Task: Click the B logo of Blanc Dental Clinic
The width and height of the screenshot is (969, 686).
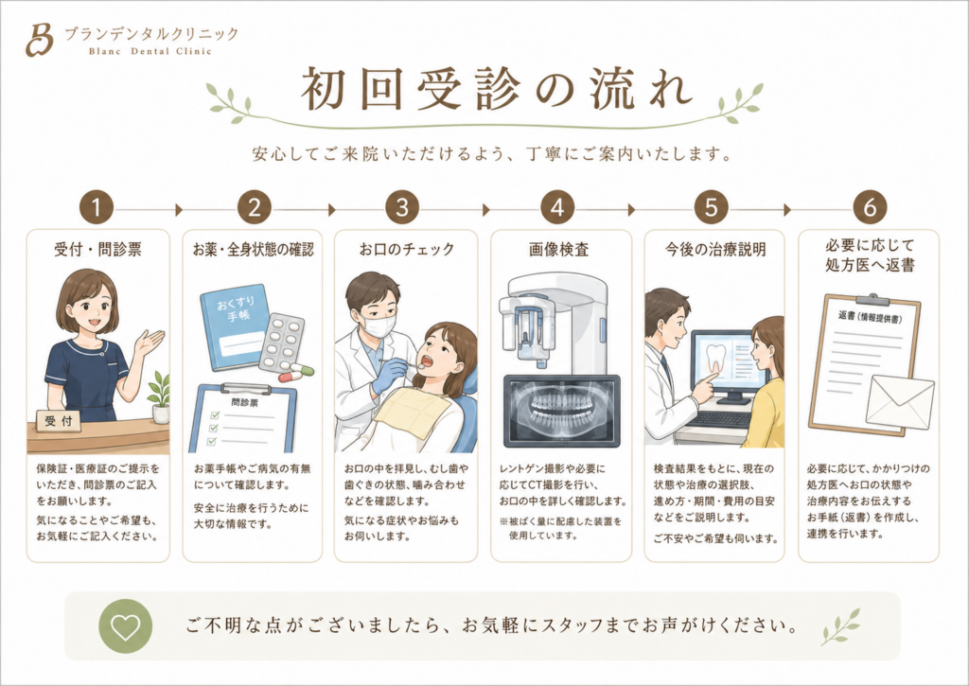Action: click(39, 40)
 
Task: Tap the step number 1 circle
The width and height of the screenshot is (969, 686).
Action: click(97, 207)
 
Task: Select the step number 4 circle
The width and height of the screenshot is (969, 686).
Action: click(557, 207)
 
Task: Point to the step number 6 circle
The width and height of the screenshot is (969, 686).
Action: click(870, 207)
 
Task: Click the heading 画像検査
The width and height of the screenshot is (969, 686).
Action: click(558, 250)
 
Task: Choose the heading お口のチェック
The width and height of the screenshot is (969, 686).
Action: click(407, 249)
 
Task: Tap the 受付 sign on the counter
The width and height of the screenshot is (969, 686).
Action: click(58, 421)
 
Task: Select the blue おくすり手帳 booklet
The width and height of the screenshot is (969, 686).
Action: click(236, 327)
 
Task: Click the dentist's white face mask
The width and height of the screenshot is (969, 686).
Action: click(379, 325)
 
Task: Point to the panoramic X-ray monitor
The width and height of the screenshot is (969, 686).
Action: click(561, 411)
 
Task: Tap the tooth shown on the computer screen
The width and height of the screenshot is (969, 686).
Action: click(717, 359)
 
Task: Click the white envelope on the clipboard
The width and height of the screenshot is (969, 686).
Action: click(900, 402)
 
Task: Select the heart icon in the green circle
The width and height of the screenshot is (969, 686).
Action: click(126, 626)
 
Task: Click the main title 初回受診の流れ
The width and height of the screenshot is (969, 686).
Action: click(496, 90)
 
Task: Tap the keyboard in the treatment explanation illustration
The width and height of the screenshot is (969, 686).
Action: click(720, 419)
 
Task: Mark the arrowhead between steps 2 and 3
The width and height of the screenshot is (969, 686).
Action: click(332, 209)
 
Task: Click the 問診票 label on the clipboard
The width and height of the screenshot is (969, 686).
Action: click(245, 403)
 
